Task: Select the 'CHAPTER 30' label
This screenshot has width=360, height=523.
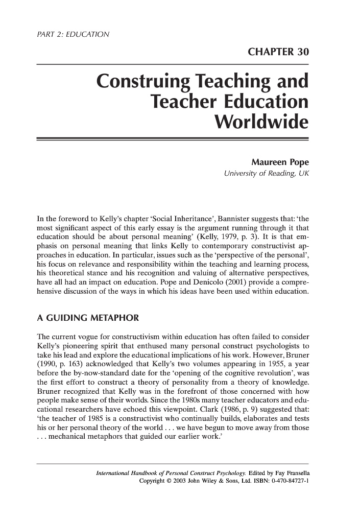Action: click(278, 53)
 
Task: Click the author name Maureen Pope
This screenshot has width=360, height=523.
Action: click(280, 163)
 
